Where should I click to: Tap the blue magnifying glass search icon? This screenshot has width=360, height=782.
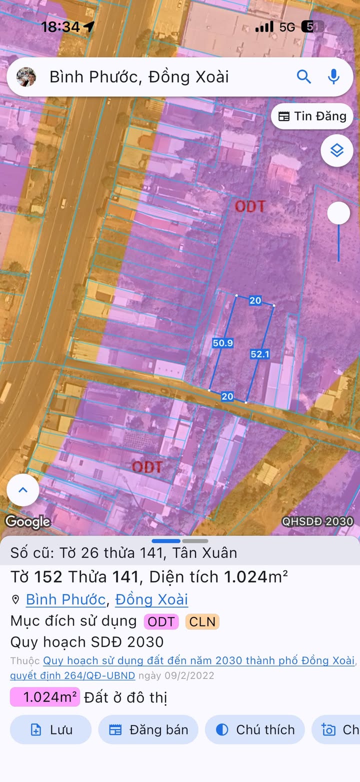[x=304, y=76]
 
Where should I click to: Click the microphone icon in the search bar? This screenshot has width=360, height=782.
[x=333, y=76]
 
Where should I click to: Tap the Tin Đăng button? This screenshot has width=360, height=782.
[x=312, y=116]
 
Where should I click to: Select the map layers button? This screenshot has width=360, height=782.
[x=336, y=150]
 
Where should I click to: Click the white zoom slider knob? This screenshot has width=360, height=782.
[x=338, y=213]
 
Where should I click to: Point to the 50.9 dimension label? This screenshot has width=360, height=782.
[x=223, y=343]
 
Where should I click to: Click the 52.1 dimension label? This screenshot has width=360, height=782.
[x=260, y=354]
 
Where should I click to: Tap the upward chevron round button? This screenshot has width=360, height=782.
[x=23, y=490]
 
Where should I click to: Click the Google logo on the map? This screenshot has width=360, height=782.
[x=27, y=522]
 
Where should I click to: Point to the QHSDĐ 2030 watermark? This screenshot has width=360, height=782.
[x=317, y=521]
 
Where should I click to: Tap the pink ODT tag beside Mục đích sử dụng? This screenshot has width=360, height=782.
[x=161, y=621]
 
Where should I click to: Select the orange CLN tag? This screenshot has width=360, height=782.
[x=202, y=621]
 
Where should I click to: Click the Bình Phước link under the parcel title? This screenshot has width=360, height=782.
[x=65, y=599]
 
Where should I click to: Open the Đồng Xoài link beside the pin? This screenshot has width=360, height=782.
[x=151, y=599]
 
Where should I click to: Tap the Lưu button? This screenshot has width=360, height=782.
[x=50, y=729]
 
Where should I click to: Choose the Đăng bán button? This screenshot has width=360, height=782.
[x=148, y=729]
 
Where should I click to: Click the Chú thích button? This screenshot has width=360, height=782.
[x=255, y=729]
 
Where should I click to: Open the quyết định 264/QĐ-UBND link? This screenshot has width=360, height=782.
[x=72, y=675]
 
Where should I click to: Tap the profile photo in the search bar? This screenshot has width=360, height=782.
[x=26, y=76]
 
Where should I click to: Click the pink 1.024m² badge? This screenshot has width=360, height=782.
[x=45, y=697]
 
